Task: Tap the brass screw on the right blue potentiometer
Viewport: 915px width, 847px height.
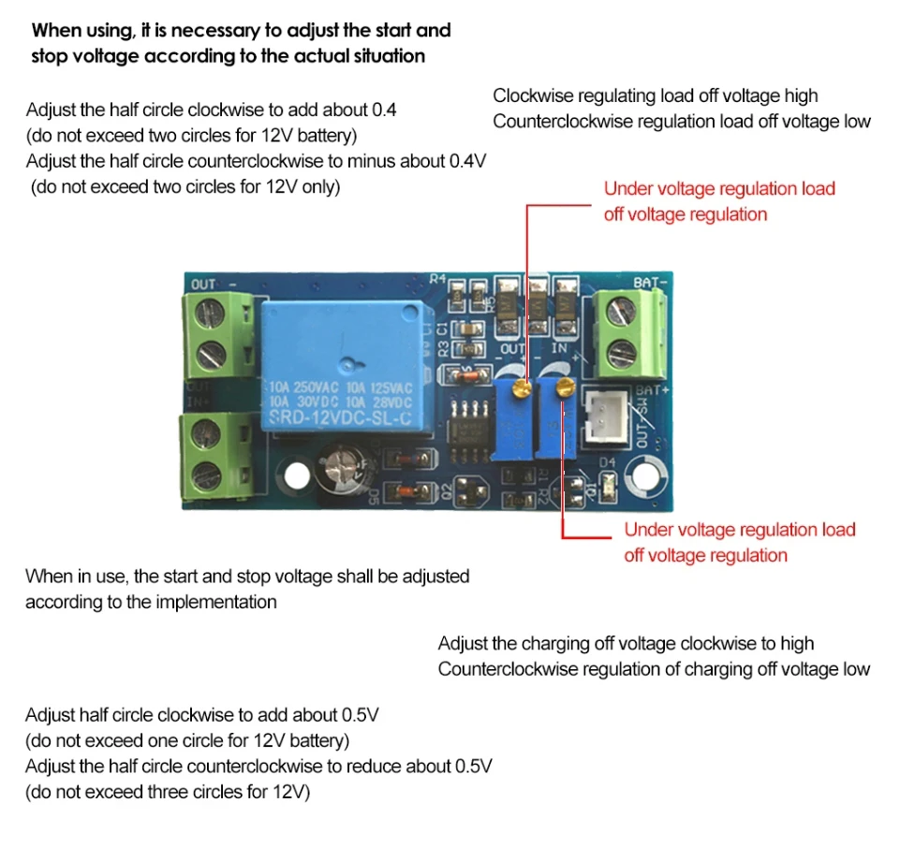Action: [x=563, y=387]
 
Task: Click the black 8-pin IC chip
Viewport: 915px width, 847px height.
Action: [x=470, y=431]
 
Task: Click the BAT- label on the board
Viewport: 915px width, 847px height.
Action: [x=650, y=283]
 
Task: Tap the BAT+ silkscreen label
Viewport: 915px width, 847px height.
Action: [x=651, y=389]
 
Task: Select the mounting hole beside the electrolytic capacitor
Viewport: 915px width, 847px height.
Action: [x=297, y=475]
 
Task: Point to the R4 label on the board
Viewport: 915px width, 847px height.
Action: [x=437, y=279]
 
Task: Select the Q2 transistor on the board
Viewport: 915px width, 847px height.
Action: [x=473, y=491]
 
